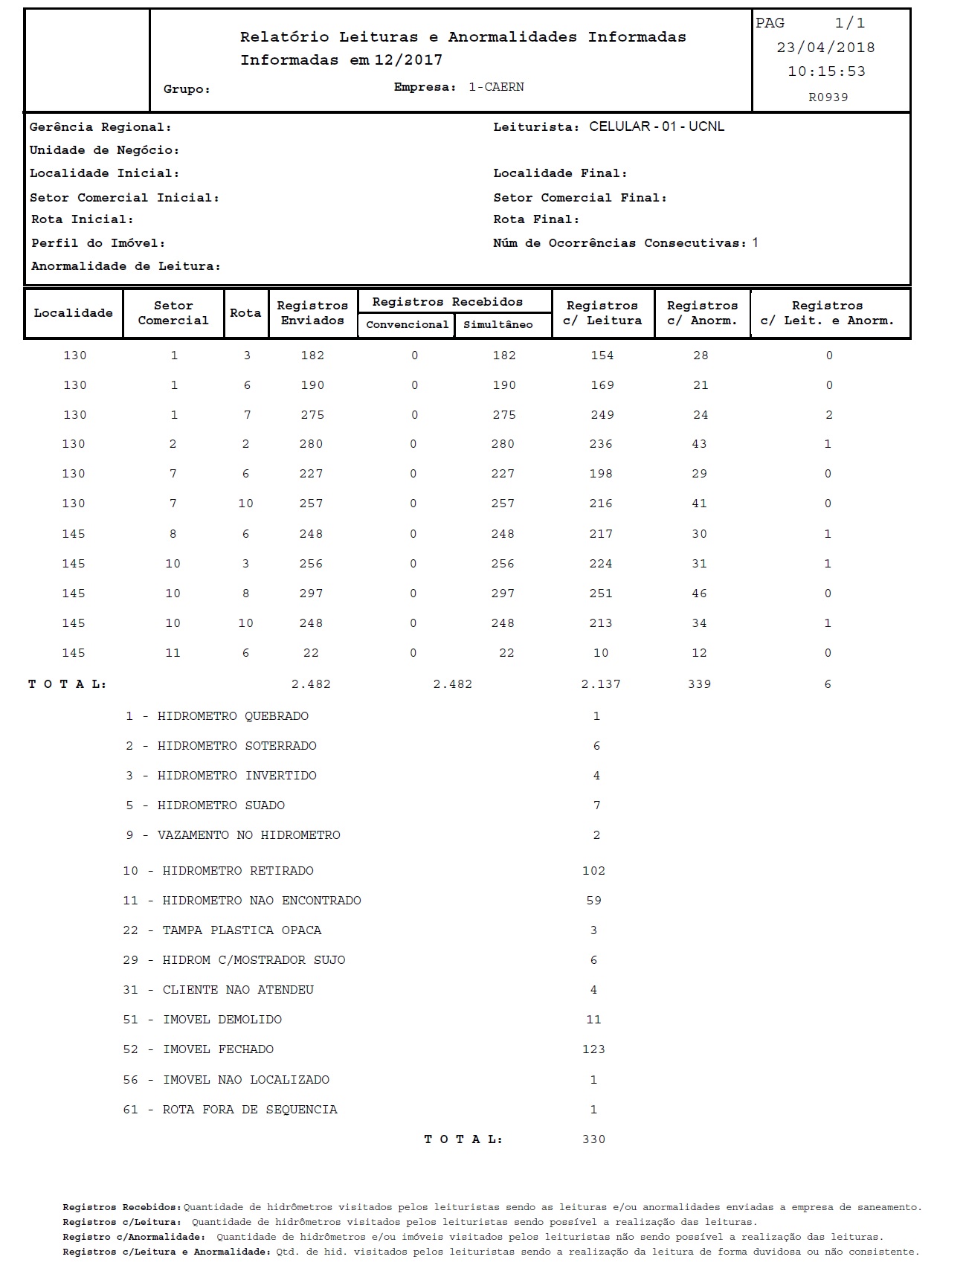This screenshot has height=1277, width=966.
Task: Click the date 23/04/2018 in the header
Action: [x=825, y=48]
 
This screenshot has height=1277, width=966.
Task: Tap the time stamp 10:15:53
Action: [x=826, y=72]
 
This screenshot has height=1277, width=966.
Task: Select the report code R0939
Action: [x=828, y=97]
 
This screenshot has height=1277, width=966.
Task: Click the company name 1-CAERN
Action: [x=496, y=87]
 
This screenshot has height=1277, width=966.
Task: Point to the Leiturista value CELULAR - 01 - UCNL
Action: [x=657, y=126]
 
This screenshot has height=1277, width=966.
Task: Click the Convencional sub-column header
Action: [x=407, y=325]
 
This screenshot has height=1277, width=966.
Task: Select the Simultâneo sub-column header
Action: [x=498, y=325]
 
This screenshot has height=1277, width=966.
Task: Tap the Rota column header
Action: [x=245, y=313]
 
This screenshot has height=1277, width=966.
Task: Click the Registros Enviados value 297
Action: [x=311, y=594]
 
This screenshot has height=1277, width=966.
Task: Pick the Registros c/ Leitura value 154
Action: [x=602, y=356]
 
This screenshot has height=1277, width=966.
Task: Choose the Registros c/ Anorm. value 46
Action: [x=699, y=594]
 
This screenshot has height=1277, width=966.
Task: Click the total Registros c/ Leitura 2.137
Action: [x=601, y=684]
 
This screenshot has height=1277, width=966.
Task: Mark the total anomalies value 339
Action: [x=699, y=684]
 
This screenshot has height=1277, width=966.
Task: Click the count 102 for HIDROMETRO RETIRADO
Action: [x=593, y=871]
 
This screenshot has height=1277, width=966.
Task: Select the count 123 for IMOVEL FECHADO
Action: [x=593, y=1049]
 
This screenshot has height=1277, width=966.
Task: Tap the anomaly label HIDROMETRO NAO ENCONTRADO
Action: [x=262, y=901]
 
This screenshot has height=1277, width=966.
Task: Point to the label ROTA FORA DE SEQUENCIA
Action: [x=250, y=1110]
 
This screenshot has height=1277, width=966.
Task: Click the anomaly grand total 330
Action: [x=593, y=1139]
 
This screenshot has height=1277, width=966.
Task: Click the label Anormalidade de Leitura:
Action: [x=126, y=266]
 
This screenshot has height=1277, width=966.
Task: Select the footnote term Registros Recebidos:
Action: [x=122, y=1207]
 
